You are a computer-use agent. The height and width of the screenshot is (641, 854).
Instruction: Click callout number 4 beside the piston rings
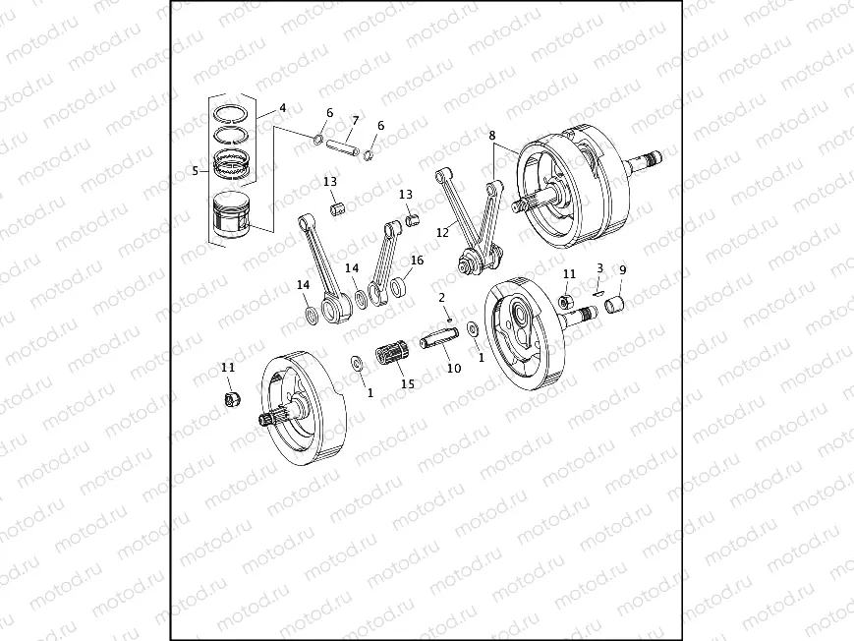point(282,107)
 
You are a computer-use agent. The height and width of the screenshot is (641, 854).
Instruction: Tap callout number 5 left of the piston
point(196,170)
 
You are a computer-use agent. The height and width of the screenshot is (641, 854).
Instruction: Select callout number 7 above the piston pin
point(355,120)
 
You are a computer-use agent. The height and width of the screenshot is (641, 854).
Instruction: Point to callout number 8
point(491,135)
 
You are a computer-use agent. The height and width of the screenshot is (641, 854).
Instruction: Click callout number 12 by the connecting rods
point(442,233)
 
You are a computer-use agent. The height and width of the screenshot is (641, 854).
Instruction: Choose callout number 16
point(417,261)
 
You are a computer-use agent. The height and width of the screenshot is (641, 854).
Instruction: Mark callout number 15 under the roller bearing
point(407,383)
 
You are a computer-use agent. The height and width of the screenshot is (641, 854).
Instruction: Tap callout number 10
point(453,369)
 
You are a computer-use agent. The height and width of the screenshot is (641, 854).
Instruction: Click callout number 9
point(621,268)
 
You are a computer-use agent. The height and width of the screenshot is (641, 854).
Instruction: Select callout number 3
point(599,267)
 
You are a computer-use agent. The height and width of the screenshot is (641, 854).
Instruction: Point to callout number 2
point(442,296)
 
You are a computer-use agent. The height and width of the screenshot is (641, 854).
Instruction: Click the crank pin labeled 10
point(439,338)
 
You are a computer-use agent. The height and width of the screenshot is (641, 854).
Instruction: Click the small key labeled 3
point(598,290)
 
